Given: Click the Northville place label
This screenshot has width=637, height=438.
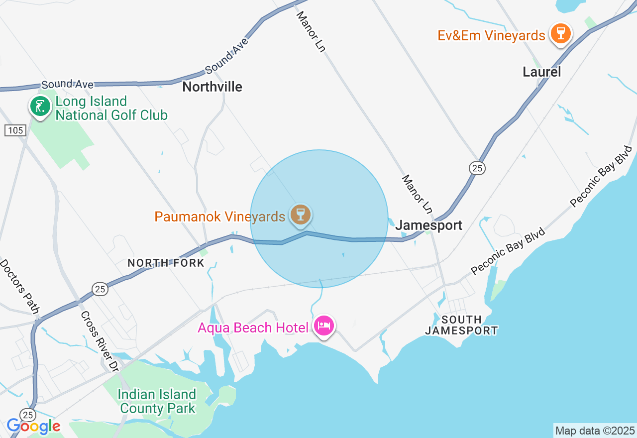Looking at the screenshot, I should tap(212, 87).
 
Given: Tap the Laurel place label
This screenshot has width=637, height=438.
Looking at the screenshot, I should tap(541, 72).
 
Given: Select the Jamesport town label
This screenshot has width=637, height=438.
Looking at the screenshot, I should tap(428, 225).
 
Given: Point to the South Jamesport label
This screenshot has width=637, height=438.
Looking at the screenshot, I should tap(461, 325).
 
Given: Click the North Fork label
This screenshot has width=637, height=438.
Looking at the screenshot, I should tap(166, 263).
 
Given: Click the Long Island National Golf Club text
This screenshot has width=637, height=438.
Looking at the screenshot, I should tap(111, 109).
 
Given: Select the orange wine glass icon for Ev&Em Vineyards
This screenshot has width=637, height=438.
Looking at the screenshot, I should tap(561, 34).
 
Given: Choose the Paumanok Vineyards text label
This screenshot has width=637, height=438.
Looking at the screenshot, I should tap(219, 217).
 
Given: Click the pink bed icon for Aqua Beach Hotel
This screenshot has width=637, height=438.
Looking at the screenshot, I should tap(324, 327).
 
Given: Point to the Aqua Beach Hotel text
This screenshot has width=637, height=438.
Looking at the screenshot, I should tap(256, 328).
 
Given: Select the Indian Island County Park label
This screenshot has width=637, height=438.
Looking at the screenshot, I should tap(157, 402).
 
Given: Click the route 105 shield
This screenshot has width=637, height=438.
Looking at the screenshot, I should tap(15, 130).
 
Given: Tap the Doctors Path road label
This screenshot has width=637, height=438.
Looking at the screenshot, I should tap(19, 287).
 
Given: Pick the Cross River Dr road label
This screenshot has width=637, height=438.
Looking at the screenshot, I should tap(99, 341).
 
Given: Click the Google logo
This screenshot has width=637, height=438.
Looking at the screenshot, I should tap(33, 426).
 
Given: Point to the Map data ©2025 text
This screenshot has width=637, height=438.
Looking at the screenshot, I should tap(595, 431).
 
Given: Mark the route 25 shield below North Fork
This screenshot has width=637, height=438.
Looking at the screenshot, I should tap(100, 289).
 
